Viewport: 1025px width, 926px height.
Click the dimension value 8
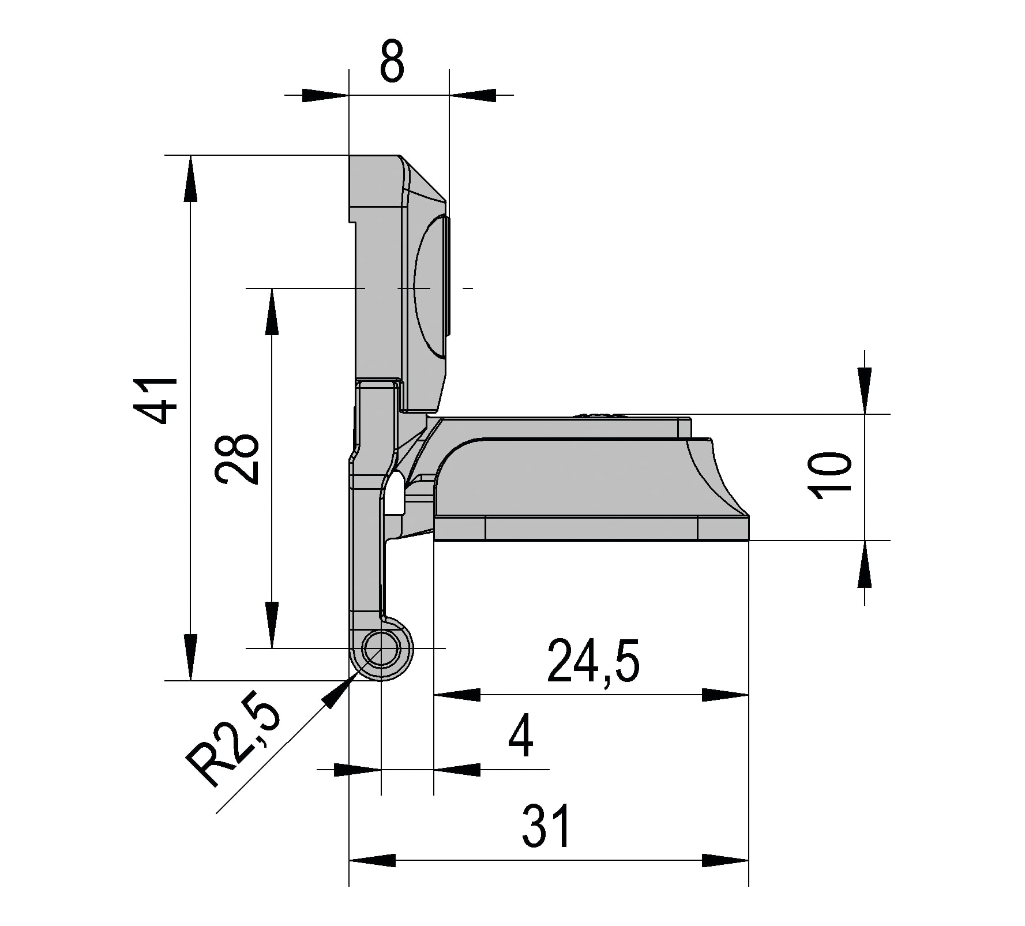(392, 61)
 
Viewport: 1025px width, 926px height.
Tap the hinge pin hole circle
(381, 648)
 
